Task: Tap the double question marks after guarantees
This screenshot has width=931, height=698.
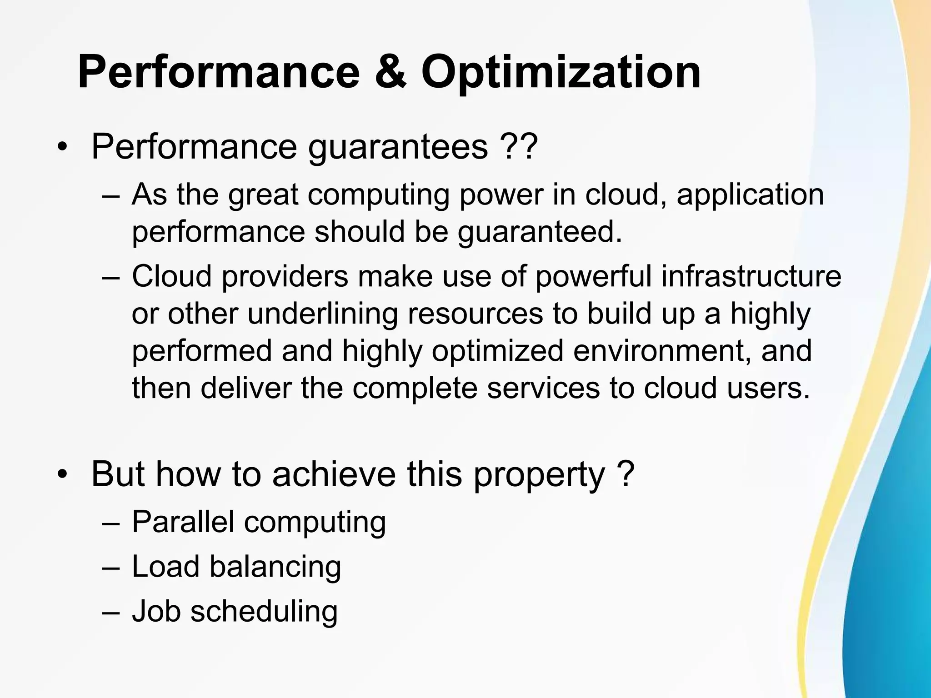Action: click(519, 146)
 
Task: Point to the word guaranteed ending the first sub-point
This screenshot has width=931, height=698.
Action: click(539, 233)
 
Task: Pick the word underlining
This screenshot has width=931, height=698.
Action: click(322, 314)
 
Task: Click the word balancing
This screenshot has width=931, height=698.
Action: click(275, 567)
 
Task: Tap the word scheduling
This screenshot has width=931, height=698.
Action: click(264, 612)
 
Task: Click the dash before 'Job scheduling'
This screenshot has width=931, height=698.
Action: click(110, 612)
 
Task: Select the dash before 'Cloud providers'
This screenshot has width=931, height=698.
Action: click(110, 277)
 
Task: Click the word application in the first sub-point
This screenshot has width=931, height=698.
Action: click(750, 195)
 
